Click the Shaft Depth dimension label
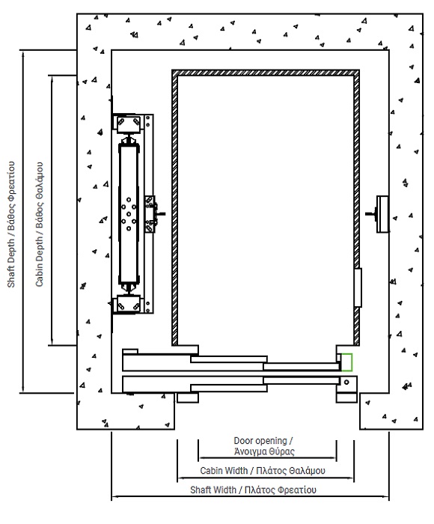(x=11, y=225)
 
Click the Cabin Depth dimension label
(x=40, y=225)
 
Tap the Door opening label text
(x=263, y=446)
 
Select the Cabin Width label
(x=263, y=471)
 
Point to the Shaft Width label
(x=253, y=490)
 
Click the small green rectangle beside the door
(x=346, y=362)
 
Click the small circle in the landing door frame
(x=346, y=382)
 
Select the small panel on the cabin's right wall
(x=358, y=287)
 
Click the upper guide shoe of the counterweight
(x=128, y=124)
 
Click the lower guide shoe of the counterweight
(x=128, y=303)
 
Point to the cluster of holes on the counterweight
(x=129, y=214)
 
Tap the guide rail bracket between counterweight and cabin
(x=152, y=214)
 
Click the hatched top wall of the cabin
(x=266, y=73)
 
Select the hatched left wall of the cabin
(x=175, y=207)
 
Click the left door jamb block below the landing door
(x=187, y=397)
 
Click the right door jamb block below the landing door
(x=346, y=397)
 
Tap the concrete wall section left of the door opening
(x=126, y=411)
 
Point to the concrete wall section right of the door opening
(x=391, y=411)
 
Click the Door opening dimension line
(x=267, y=458)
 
